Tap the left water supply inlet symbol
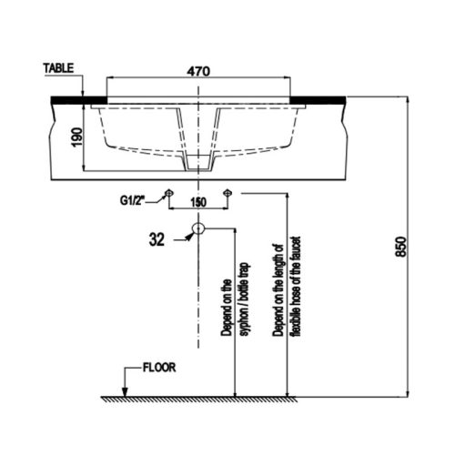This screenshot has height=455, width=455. (x=169, y=193)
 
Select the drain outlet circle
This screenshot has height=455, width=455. (x=198, y=230)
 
